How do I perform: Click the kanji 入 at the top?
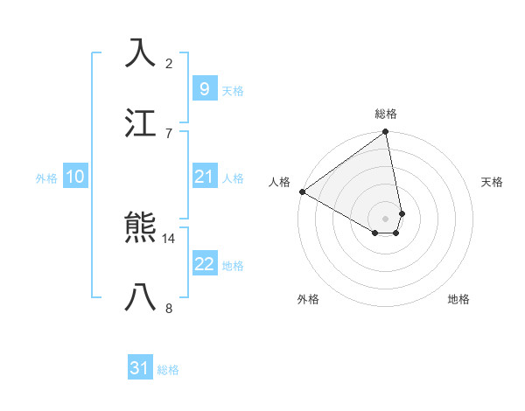141,53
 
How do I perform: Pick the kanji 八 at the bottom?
141,297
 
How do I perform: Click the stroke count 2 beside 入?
169,63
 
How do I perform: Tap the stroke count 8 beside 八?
169,307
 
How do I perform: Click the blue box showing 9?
204,88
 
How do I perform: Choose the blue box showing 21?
204,177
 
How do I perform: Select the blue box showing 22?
204,264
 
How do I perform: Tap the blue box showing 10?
74,177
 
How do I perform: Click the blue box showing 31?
140,368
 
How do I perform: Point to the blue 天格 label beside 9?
232,90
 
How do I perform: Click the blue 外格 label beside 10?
46,178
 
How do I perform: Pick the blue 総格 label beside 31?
168,370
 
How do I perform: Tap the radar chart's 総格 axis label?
386,114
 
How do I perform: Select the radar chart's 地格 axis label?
458,299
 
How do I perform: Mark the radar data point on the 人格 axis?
302,192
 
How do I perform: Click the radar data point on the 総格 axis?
385,133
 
